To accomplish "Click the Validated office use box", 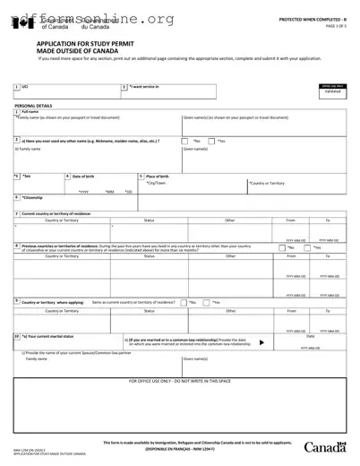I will coord(332,91).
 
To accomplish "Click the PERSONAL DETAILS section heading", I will coord(33,106).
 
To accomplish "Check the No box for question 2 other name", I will coord(186,142).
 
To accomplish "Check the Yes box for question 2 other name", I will coord(212,142).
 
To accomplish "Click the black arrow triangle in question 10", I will coord(261,342).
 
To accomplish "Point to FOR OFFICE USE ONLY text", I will coord(180,381).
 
